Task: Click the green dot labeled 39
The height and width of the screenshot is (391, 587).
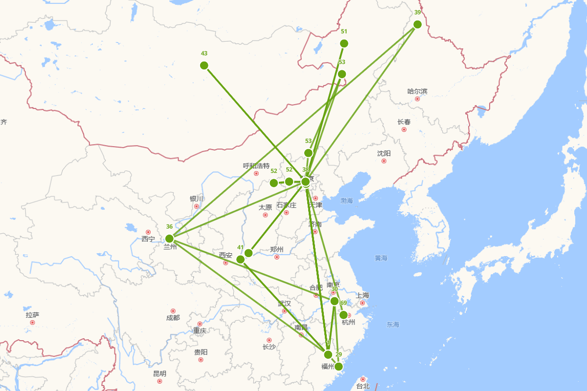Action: [x=417, y=24]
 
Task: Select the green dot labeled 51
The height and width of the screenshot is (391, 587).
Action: [x=344, y=43]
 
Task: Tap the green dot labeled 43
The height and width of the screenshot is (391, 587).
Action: [x=204, y=65]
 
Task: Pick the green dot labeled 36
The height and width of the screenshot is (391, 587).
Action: [x=169, y=239]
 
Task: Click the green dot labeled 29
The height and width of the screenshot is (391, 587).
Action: [x=339, y=367]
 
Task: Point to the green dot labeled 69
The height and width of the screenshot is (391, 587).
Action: [x=343, y=315]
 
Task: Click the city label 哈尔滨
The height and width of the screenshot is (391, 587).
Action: [x=417, y=91]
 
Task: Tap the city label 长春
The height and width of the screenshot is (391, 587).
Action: [x=404, y=122]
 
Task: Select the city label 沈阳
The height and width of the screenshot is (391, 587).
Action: [x=384, y=153]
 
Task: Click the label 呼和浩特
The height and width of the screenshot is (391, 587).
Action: [x=256, y=166]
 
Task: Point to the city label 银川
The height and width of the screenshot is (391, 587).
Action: [x=197, y=199]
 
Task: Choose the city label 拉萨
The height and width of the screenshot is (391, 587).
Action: [x=33, y=315]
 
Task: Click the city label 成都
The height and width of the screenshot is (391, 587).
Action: [x=173, y=318]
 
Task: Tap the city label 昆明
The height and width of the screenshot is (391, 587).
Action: [x=159, y=374]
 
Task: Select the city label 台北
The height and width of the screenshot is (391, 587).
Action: [x=363, y=386]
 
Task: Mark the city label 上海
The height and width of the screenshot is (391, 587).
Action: [x=362, y=295]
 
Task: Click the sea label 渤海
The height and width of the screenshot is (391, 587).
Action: [x=347, y=201]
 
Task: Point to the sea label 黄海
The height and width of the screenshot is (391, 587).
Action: [x=381, y=258]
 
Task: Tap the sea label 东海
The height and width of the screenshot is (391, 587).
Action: [x=393, y=325]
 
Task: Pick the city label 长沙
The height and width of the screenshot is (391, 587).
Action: [x=269, y=347]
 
